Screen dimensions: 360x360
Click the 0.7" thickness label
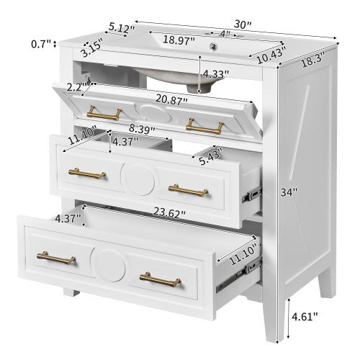pyautogui.click(x=42, y=45)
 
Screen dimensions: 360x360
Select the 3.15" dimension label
pyautogui.click(x=91, y=50)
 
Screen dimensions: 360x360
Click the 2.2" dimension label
pyautogui.click(x=75, y=86)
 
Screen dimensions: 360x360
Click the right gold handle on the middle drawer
pyautogui.click(x=188, y=189)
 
